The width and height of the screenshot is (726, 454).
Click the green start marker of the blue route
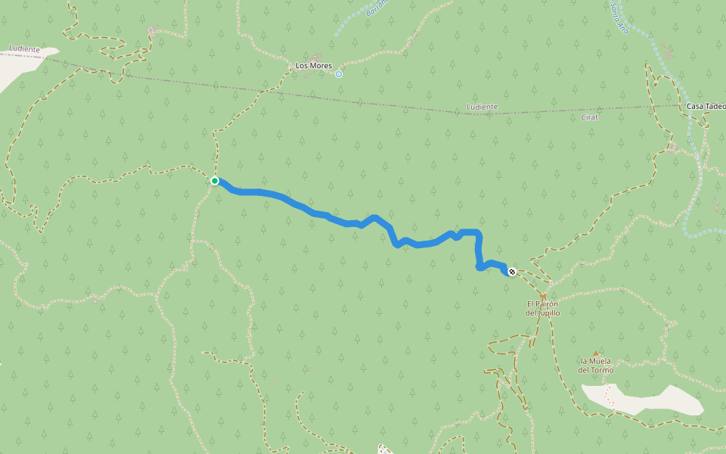[x=215, y=181]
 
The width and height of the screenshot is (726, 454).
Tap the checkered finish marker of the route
[x=512, y=272]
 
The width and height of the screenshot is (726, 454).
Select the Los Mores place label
[x=313, y=66]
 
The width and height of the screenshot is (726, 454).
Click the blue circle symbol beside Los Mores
[x=339, y=74]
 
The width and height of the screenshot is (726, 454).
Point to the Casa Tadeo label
[x=705, y=107]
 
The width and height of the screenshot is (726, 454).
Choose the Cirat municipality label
[x=590, y=118]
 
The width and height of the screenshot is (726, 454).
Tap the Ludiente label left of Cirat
[x=482, y=107]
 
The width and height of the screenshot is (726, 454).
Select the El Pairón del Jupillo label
[x=542, y=308]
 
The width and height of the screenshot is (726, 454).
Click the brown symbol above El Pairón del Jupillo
[x=542, y=296]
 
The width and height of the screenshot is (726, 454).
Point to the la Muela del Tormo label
[x=595, y=365]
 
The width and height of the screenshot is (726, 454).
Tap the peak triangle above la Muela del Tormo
[x=595, y=353]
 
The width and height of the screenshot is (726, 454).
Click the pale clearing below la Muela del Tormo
[x=643, y=400]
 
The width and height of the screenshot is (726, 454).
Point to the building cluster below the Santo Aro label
[x=669, y=52]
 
